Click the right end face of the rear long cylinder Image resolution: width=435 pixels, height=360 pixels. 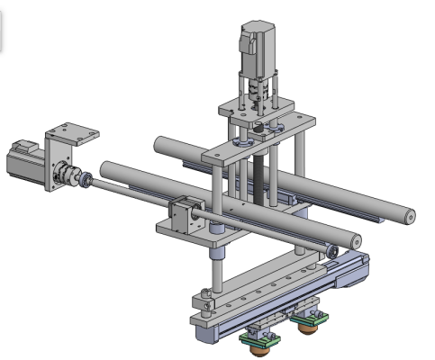click(x=409, y=216)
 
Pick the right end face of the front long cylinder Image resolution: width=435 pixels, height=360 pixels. click(x=356, y=240)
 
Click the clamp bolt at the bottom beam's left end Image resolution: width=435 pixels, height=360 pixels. click(x=207, y=293)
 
